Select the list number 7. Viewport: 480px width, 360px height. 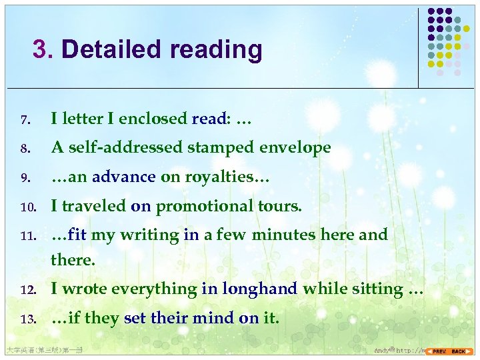point(24,120)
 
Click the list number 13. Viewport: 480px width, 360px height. point(26,319)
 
